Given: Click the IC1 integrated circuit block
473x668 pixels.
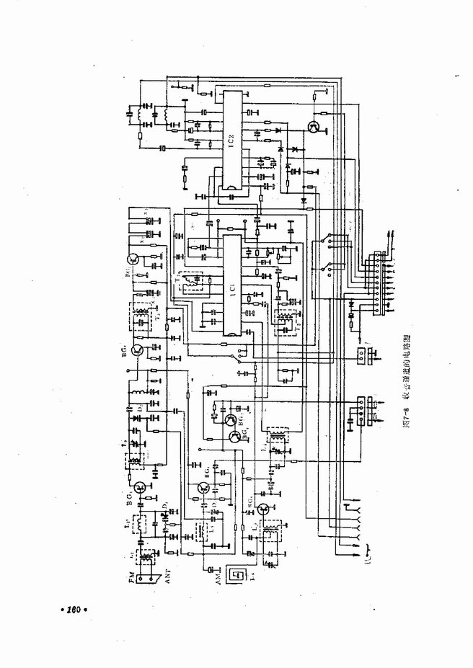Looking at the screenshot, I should (231, 285).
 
